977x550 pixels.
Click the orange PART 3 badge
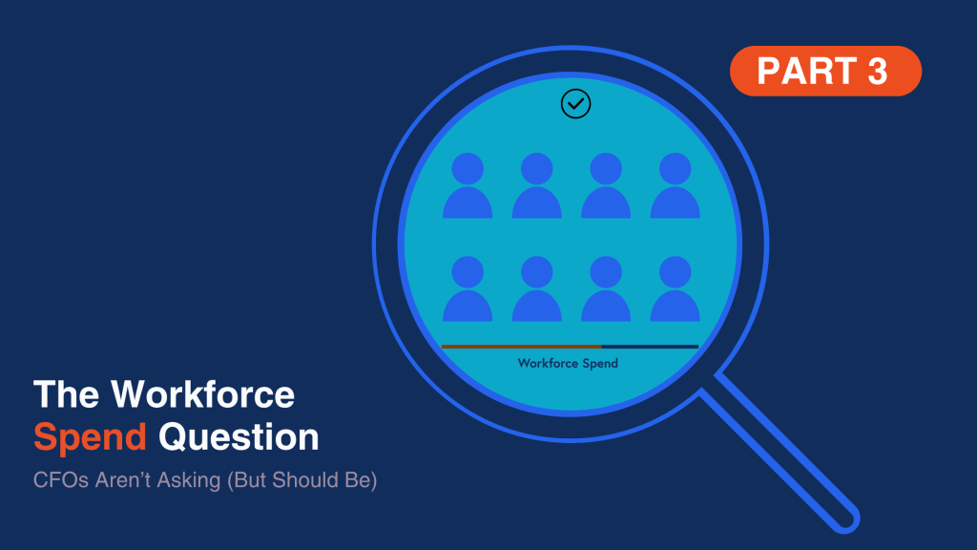coord(825,71)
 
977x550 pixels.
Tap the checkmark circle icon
coord(575,103)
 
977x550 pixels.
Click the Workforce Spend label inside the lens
coord(568,363)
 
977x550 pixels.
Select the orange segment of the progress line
coord(522,346)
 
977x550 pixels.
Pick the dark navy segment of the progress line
coord(650,346)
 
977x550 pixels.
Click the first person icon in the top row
coord(468,185)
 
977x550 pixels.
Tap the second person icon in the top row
coord(536,185)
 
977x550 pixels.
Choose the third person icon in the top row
coord(606,185)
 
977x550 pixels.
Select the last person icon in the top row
coord(675,185)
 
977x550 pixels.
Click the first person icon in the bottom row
coord(468,288)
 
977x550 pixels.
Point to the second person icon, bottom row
coord(536,288)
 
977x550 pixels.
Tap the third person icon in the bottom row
coord(606,288)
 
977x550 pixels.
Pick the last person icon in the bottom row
coord(675,288)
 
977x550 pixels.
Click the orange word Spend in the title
coord(91,437)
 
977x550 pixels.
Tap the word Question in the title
coord(239,436)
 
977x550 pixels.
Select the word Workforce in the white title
coord(202,394)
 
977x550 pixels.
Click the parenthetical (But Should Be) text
coord(302,480)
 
